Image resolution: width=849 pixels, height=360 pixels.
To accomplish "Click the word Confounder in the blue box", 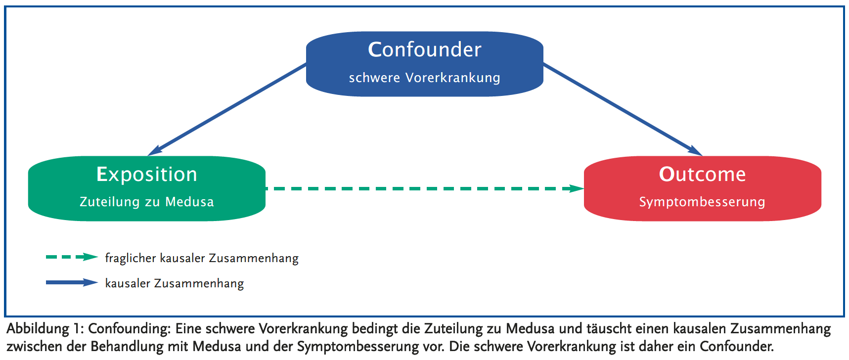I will tap(424, 49).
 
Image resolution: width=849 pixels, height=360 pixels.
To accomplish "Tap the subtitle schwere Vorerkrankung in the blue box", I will tap(424, 78).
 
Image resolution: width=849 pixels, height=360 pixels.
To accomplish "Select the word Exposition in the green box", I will tap(147, 174).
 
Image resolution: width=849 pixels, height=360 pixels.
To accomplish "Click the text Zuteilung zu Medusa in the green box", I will tap(147, 202).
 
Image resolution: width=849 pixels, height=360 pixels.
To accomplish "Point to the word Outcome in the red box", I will tap(702, 174).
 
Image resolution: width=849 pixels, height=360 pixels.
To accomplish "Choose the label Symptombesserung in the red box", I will tap(702, 202).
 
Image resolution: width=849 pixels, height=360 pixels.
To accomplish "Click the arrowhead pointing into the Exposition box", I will tap(155, 151).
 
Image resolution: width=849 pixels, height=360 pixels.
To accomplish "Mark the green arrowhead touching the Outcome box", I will tap(577, 188).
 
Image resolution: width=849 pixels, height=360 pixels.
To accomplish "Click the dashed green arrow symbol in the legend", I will tap(72, 257).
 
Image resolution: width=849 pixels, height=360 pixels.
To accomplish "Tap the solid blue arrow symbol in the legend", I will tap(72, 282).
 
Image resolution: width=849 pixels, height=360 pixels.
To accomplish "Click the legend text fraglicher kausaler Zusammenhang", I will tap(202, 258).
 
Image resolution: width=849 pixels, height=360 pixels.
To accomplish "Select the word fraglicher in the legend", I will tap(130, 258).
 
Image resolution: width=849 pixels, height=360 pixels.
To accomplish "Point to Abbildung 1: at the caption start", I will tap(45, 329).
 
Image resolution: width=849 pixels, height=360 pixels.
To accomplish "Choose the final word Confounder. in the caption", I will tap(737, 347).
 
